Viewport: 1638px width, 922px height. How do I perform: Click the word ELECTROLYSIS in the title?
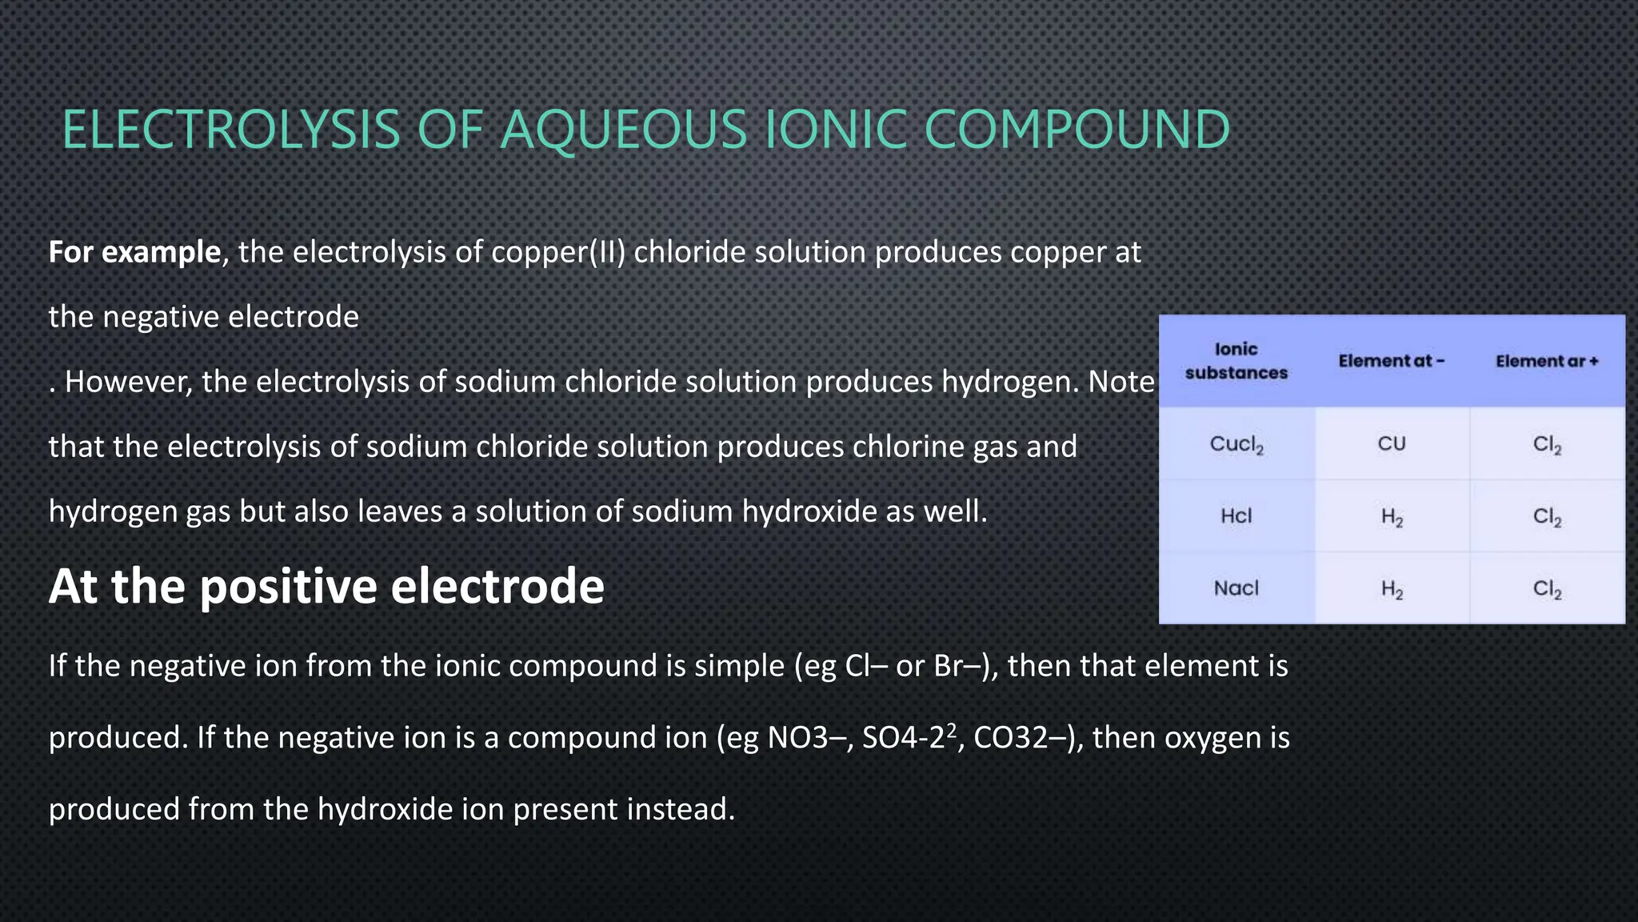click(230, 130)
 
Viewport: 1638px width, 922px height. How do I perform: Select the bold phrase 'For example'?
click(134, 252)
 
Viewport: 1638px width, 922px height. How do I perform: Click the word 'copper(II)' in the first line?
click(557, 252)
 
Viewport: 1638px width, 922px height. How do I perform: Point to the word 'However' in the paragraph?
click(128, 382)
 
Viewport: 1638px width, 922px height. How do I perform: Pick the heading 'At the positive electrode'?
click(326, 586)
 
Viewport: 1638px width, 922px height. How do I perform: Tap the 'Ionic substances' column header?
click(1236, 361)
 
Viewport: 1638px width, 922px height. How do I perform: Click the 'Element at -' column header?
click(1391, 361)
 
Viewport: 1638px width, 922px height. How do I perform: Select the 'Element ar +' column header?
click(1547, 361)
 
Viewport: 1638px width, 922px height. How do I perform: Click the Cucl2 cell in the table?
click(1236, 444)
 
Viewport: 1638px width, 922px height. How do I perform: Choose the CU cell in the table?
click(1391, 444)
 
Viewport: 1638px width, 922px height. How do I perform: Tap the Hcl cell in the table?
click(1236, 516)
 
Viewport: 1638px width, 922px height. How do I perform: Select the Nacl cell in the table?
click(1236, 588)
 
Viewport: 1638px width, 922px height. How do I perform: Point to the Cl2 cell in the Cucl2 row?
click(1547, 445)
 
